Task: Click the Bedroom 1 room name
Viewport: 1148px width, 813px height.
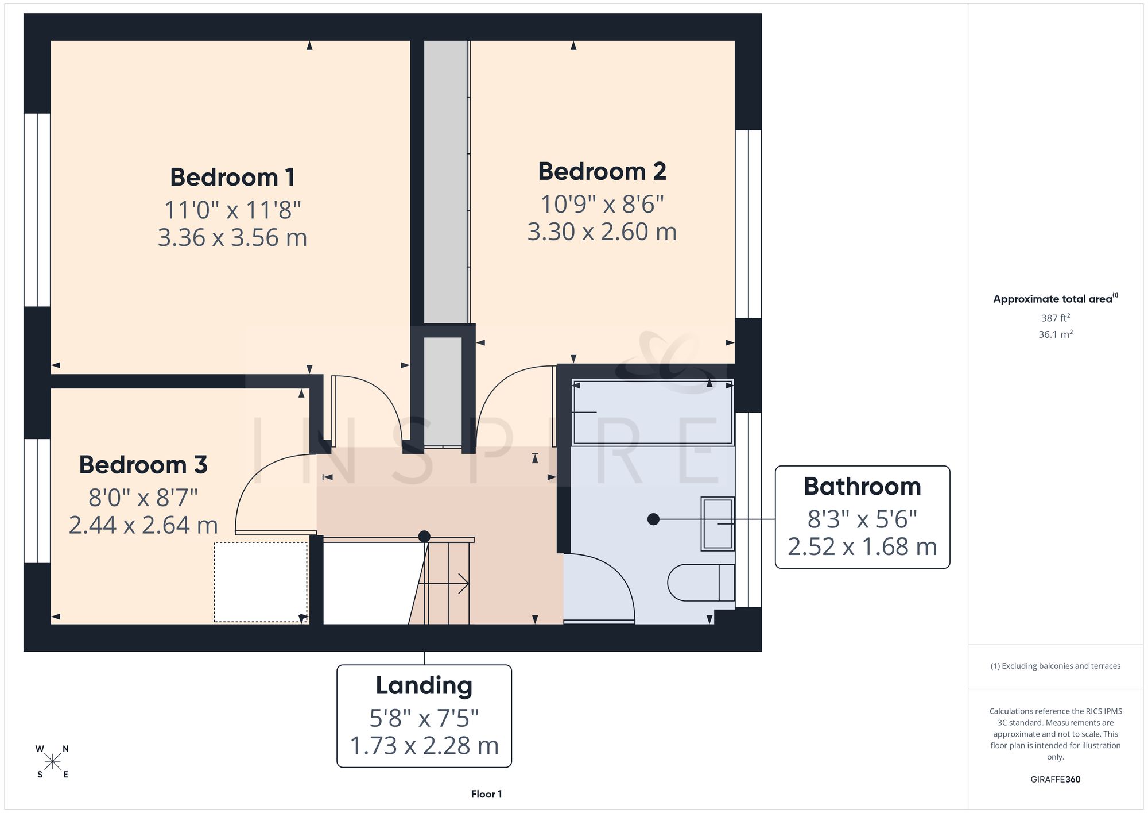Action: click(232, 177)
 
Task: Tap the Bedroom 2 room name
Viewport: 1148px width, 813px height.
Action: click(602, 171)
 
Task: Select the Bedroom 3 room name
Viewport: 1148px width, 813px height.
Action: click(143, 465)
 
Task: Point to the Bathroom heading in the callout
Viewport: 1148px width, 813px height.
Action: click(862, 487)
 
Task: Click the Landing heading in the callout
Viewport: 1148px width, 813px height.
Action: click(424, 685)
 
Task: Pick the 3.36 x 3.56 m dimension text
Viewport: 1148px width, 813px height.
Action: click(232, 238)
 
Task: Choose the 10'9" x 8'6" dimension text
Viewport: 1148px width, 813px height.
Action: click(602, 204)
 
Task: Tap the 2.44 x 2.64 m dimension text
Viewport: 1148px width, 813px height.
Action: click(143, 525)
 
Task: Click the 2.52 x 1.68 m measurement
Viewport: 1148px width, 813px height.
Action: click(862, 547)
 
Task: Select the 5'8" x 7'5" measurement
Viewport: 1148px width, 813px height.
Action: click(424, 718)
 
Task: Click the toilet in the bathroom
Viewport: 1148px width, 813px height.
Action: click(701, 583)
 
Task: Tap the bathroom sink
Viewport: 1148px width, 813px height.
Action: click(717, 524)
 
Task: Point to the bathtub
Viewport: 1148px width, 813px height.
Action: click(653, 412)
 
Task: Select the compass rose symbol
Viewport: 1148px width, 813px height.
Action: click(52, 762)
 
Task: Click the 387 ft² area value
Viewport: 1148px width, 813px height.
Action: click(1056, 318)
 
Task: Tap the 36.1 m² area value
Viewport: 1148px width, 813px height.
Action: click(1056, 334)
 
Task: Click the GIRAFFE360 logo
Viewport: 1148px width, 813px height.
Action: click(1056, 780)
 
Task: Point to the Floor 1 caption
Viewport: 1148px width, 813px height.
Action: click(486, 794)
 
